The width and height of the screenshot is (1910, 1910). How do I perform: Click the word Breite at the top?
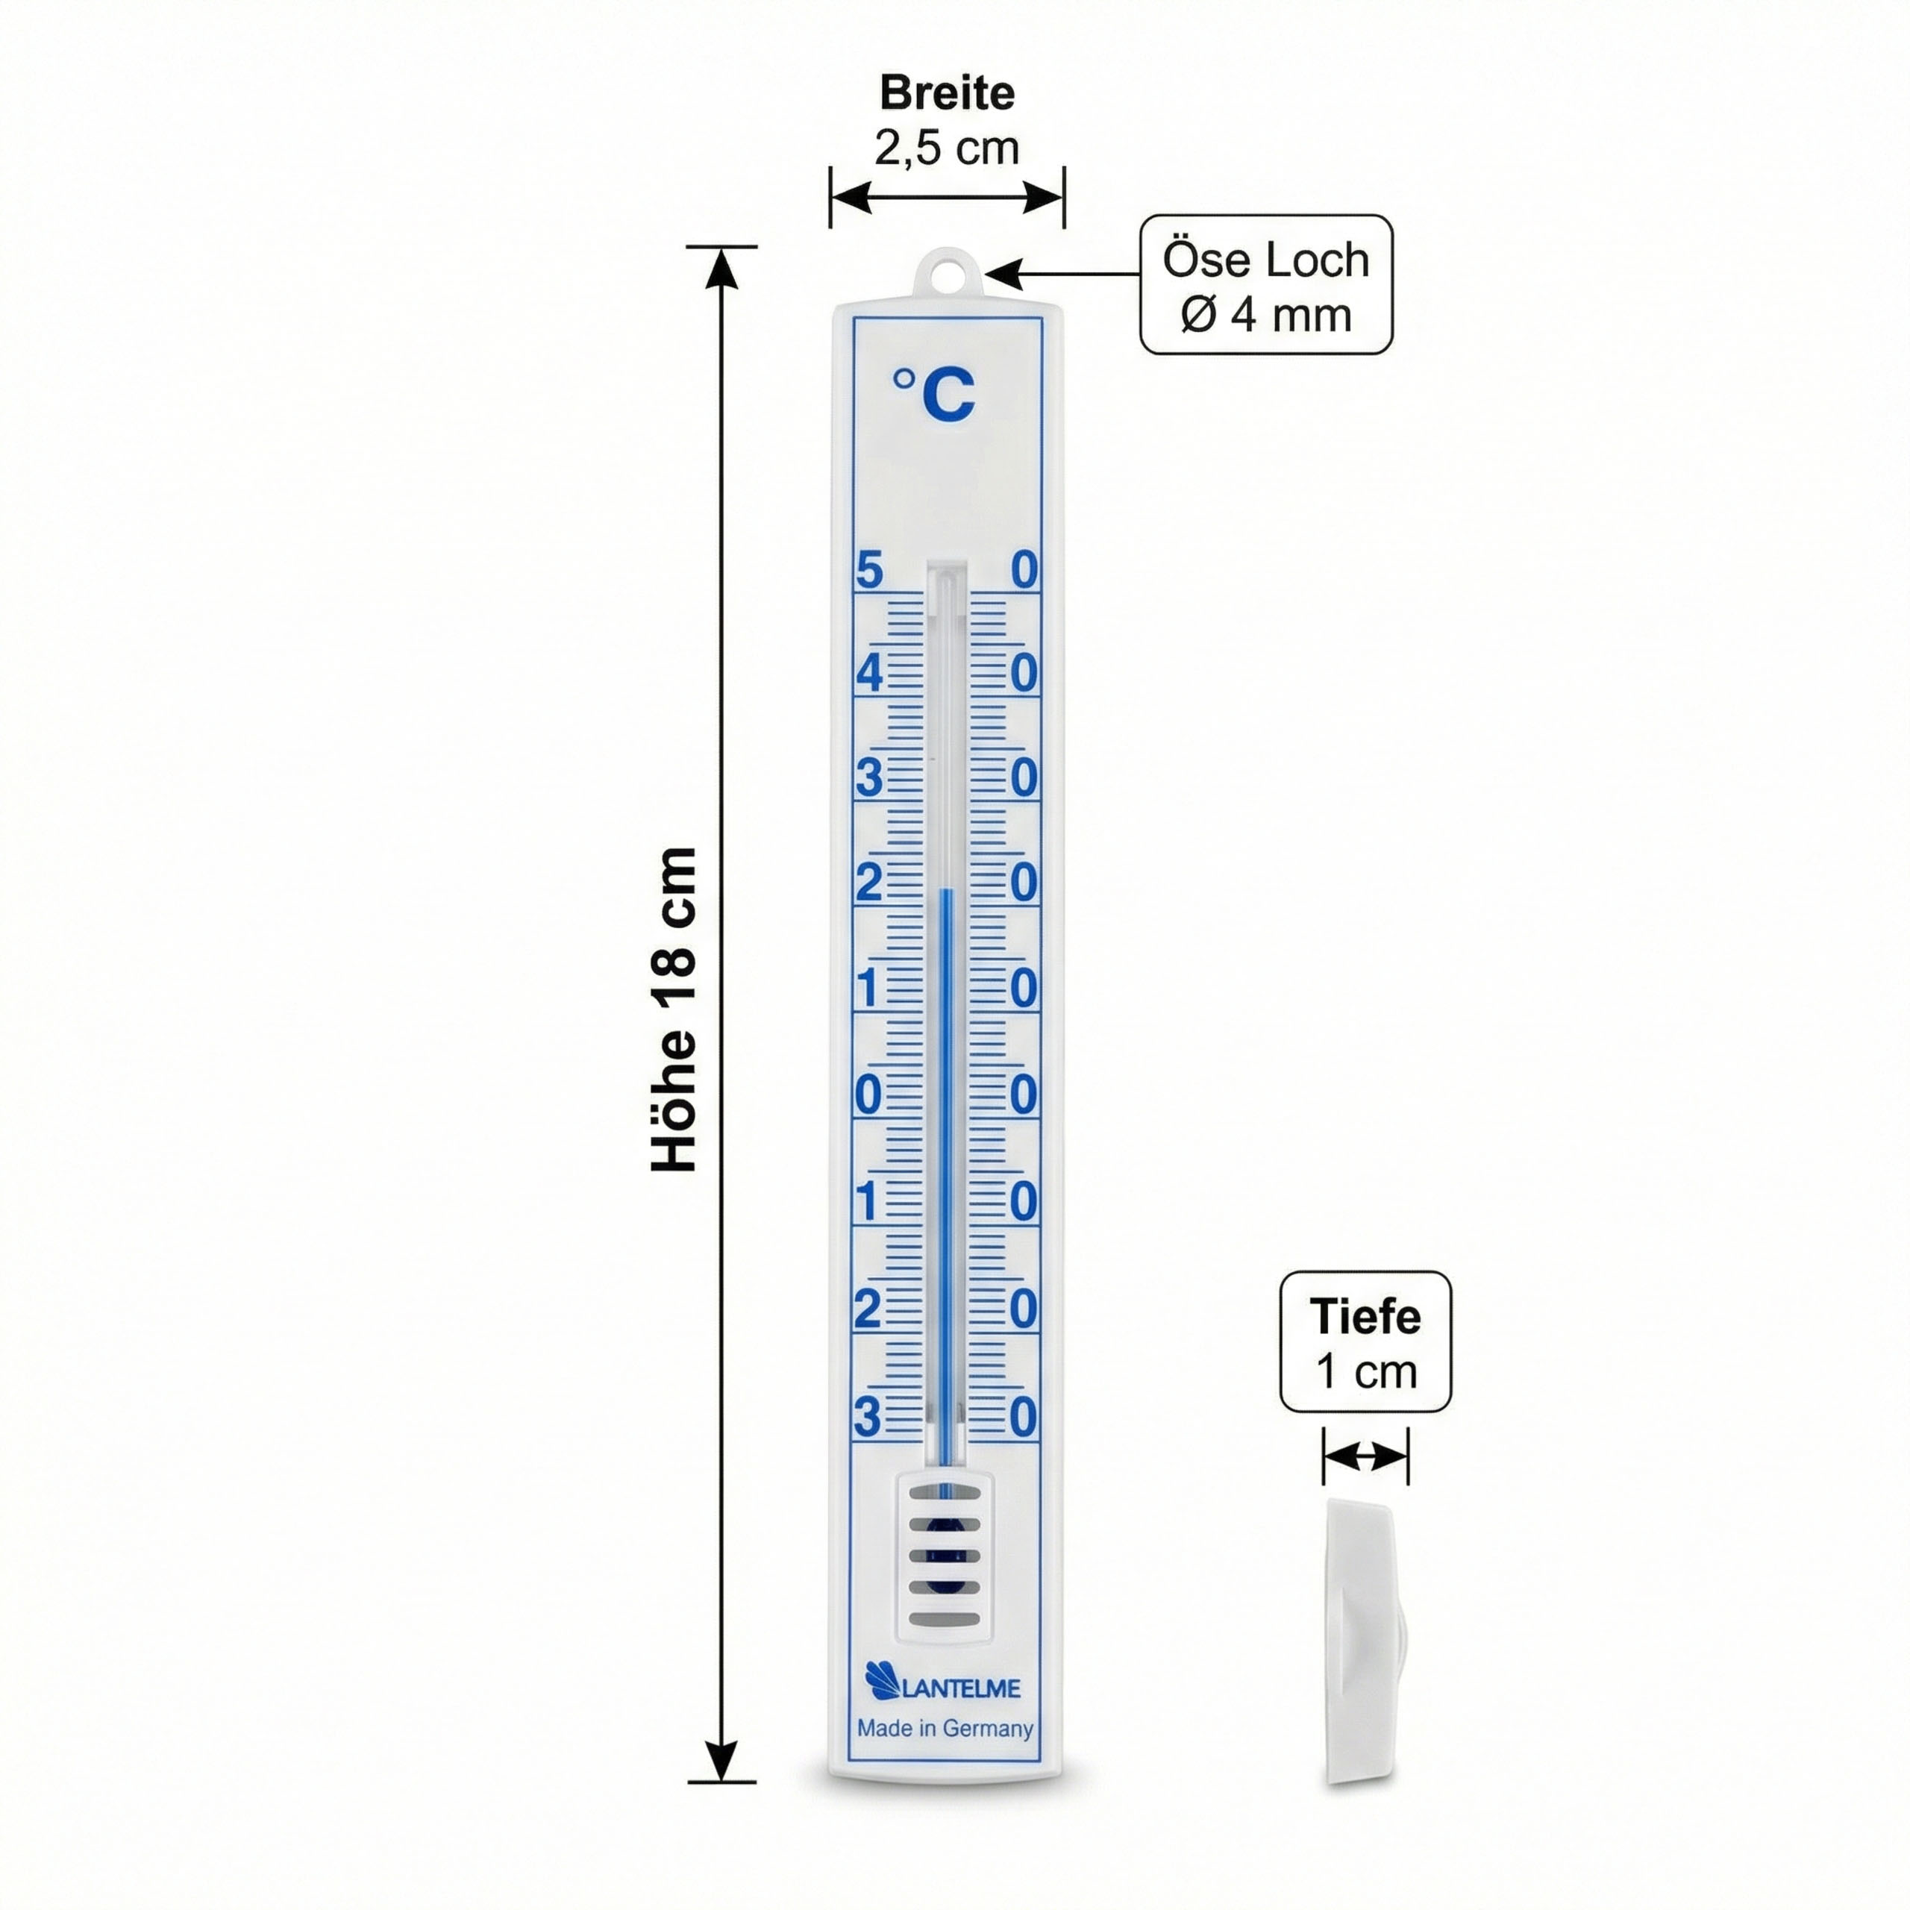(946, 93)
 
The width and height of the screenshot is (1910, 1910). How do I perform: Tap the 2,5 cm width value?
(946, 148)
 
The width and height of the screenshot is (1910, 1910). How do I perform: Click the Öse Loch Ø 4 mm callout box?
(1265, 285)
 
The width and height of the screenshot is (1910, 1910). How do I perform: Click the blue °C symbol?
(934, 393)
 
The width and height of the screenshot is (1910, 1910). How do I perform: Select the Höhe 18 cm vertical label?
(674, 1009)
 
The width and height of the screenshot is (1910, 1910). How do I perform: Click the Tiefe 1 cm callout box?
(1365, 1341)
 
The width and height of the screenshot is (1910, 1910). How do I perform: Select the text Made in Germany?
(945, 1727)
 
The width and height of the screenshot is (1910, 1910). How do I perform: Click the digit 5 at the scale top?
(869, 571)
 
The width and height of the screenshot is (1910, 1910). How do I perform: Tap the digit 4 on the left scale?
(869, 673)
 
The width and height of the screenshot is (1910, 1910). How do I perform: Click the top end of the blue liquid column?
(946, 890)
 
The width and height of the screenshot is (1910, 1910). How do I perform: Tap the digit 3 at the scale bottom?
(867, 1418)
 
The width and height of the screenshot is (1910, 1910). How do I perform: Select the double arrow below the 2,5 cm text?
(947, 197)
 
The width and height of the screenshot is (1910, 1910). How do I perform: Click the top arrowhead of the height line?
(723, 267)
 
